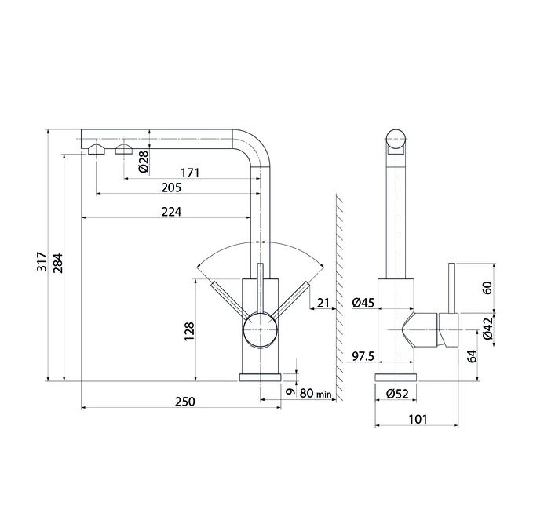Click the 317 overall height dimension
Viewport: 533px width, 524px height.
42,261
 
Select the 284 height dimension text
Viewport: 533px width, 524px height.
58,264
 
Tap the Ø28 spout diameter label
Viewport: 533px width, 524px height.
144,162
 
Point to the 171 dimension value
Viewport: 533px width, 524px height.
190,173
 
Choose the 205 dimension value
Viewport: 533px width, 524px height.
171,187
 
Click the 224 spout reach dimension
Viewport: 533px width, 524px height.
171,212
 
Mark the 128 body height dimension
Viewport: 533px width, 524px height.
189,332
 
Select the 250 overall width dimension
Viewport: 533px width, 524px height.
185,402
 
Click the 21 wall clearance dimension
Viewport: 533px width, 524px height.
323,303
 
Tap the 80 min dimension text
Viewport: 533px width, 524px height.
315,393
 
